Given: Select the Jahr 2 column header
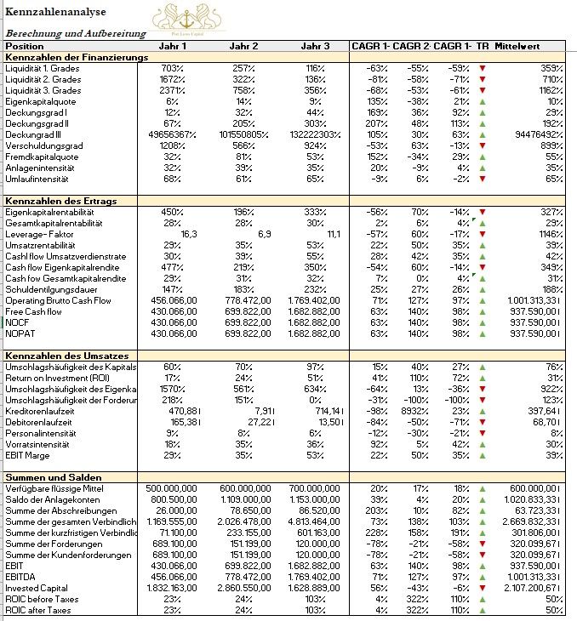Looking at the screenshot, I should click(x=243, y=46).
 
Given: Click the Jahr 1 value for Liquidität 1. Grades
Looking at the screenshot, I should click(x=173, y=68).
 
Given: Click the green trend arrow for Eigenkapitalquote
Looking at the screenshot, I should click(x=483, y=101).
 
